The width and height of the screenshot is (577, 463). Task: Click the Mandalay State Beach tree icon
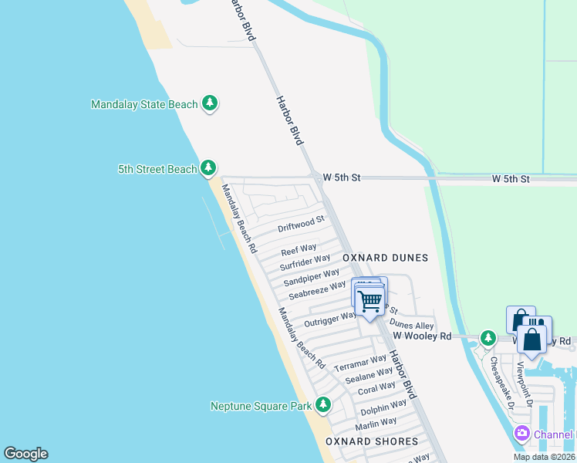click(x=209, y=103)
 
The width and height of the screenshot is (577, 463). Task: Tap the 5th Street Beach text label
click(x=157, y=169)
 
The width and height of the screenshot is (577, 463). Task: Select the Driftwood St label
click(x=302, y=225)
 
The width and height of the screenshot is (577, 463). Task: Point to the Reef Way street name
click(x=299, y=250)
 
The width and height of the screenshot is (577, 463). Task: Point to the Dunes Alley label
click(x=411, y=326)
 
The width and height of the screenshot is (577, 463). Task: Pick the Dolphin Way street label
click(x=383, y=407)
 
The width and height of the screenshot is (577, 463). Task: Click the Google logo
click(x=25, y=454)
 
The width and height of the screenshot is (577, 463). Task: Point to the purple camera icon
click(x=522, y=434)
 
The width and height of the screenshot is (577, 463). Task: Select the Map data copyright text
click(x=545, y=457)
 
